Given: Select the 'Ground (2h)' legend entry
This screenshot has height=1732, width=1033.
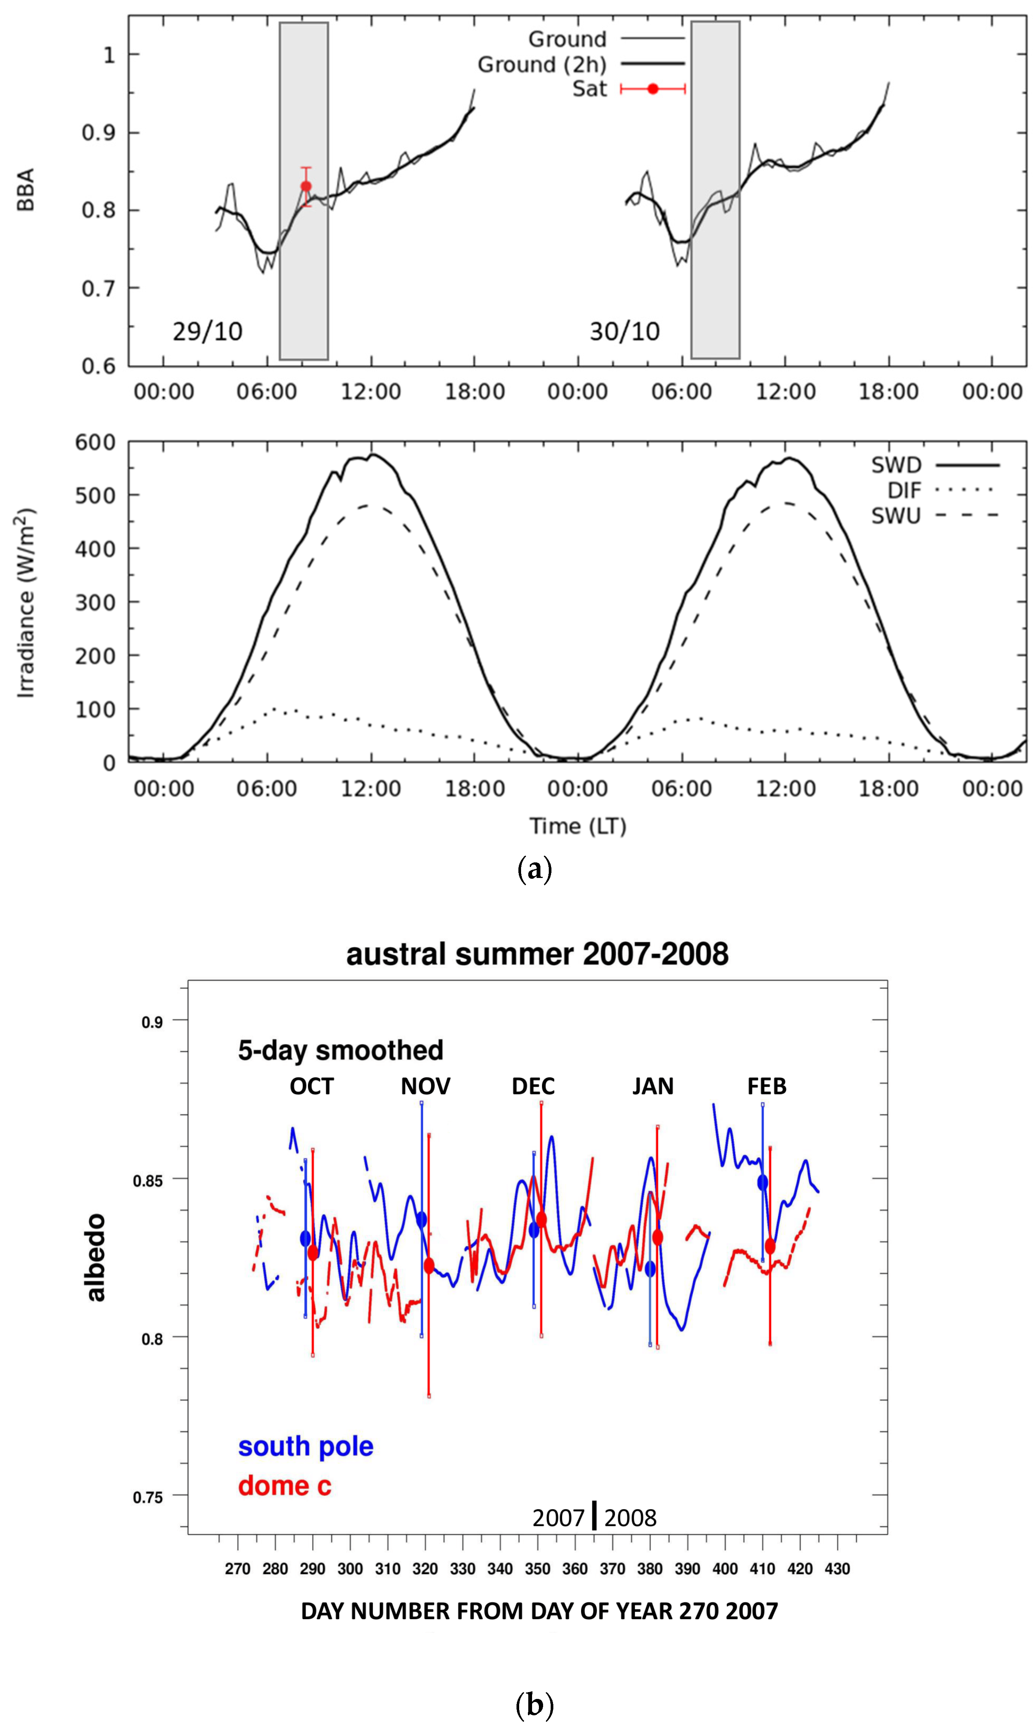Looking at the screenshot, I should [542, 65].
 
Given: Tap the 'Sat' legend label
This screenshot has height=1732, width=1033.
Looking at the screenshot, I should [589, 89].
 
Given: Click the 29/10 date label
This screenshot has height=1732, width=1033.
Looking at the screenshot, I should [207, 331].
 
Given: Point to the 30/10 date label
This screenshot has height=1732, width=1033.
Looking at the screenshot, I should [624, 331].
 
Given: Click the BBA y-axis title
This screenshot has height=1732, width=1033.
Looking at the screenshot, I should [26, 189].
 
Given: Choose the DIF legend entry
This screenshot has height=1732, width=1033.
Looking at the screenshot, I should [903, 490].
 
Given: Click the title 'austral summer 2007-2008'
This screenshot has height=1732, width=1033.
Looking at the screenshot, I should [537, 953].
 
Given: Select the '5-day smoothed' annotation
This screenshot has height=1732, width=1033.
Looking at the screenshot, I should [340, 1049].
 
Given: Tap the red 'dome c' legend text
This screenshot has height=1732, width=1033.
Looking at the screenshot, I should [285, 1485].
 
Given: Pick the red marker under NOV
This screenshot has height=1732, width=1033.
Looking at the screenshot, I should [429, 1265].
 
